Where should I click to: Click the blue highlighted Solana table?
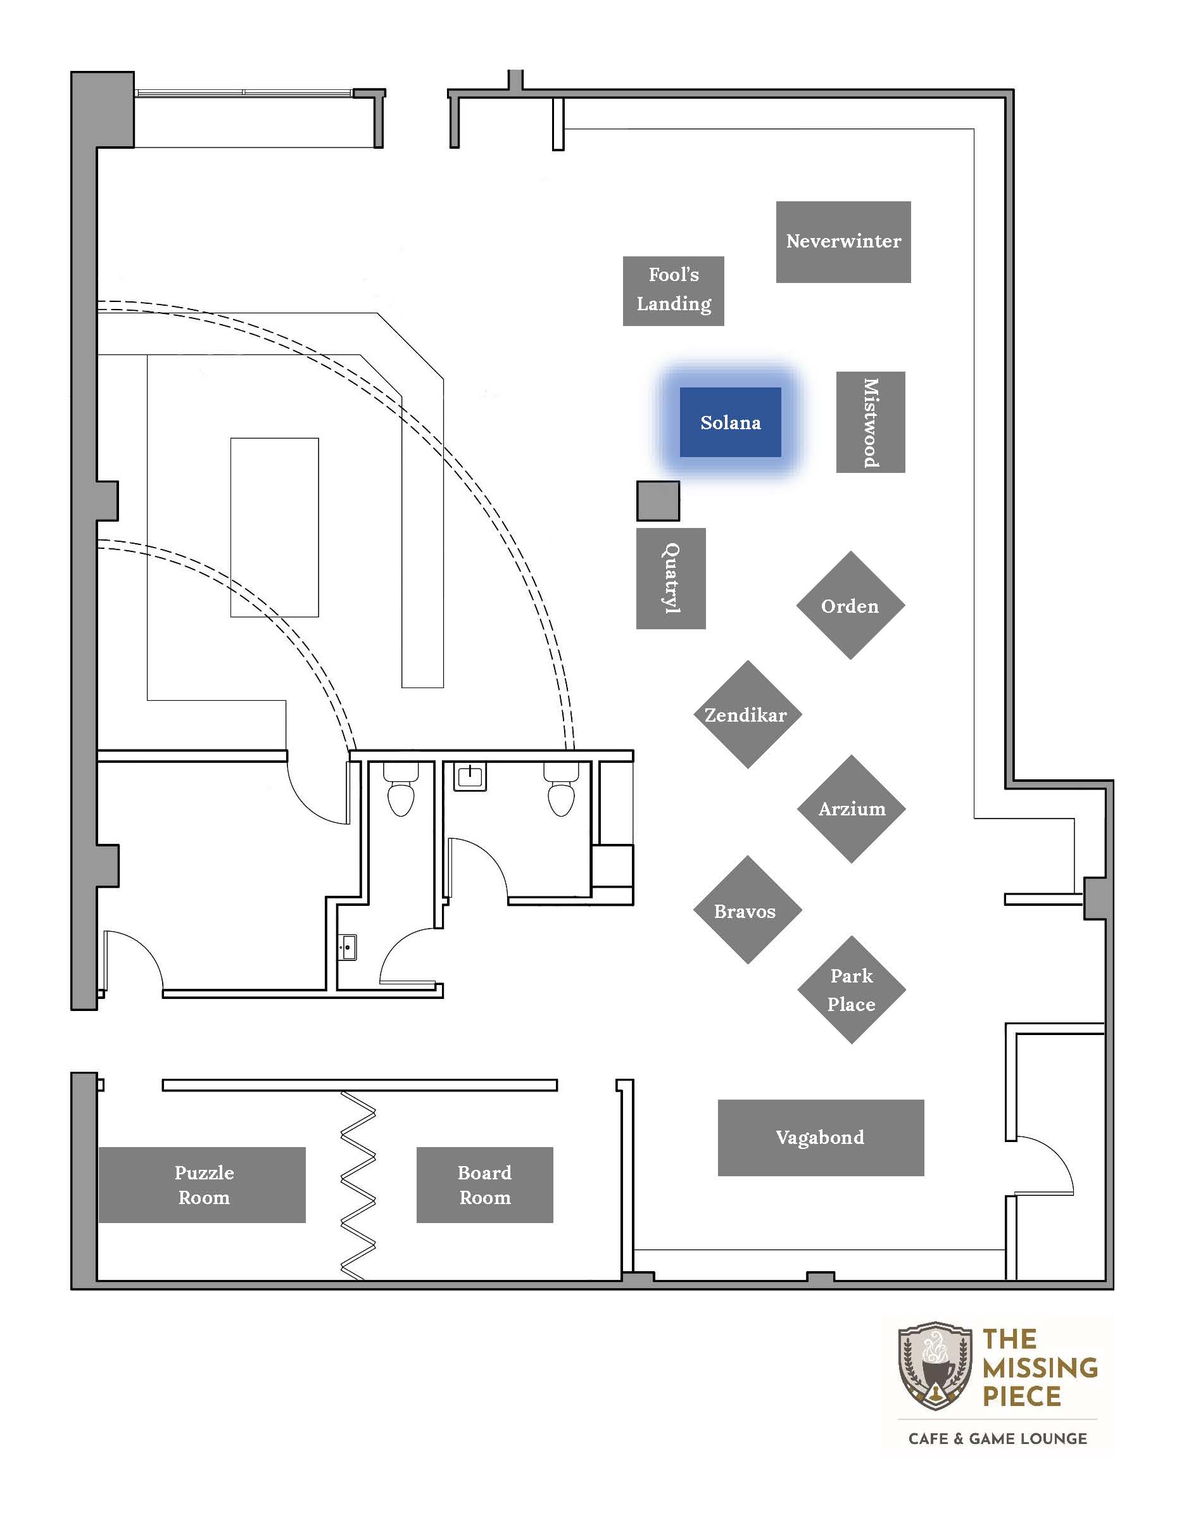click(730, 422)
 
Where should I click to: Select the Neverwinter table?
click(843, 242)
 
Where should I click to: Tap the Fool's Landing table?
click(674, 291)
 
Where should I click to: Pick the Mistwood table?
click(871, 422)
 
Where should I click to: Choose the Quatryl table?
click(671, 579)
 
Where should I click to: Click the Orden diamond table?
click(851, 605)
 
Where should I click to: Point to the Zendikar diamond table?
click(748, 715)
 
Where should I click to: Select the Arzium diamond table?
click(852, 809)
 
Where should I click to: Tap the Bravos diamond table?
click(748, 910)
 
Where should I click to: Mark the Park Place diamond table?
click(852, 989)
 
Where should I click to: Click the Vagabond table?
click(821, 1138)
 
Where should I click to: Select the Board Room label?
click(485, 1185)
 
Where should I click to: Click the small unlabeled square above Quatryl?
click(658, 501)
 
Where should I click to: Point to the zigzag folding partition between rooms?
click(358, 1186)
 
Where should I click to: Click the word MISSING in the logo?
click(1040, 1368)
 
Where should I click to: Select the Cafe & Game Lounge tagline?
click(997, 1439)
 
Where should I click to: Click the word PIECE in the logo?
click(1021, 1397)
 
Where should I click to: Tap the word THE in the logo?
click(1009, 1339)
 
